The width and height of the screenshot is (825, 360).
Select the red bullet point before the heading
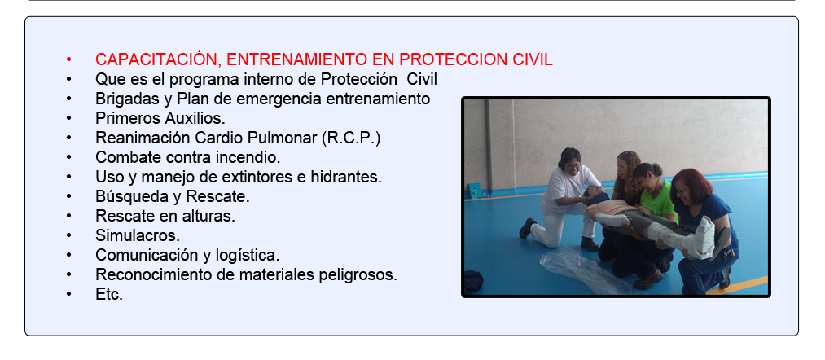pyautogui.click(x=69, y=59)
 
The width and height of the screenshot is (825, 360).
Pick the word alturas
pyautogui.click(x=211, y=216)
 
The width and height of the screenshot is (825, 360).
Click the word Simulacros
pyautogui.click(x=138, y=235)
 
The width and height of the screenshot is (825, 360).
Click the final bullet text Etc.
pyautogui.click(x=109, y=294)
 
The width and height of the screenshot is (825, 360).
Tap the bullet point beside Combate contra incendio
pyautogui.click(x=69, y=157)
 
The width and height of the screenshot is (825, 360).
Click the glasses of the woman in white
pyautogui.click(x=573, y=166)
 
